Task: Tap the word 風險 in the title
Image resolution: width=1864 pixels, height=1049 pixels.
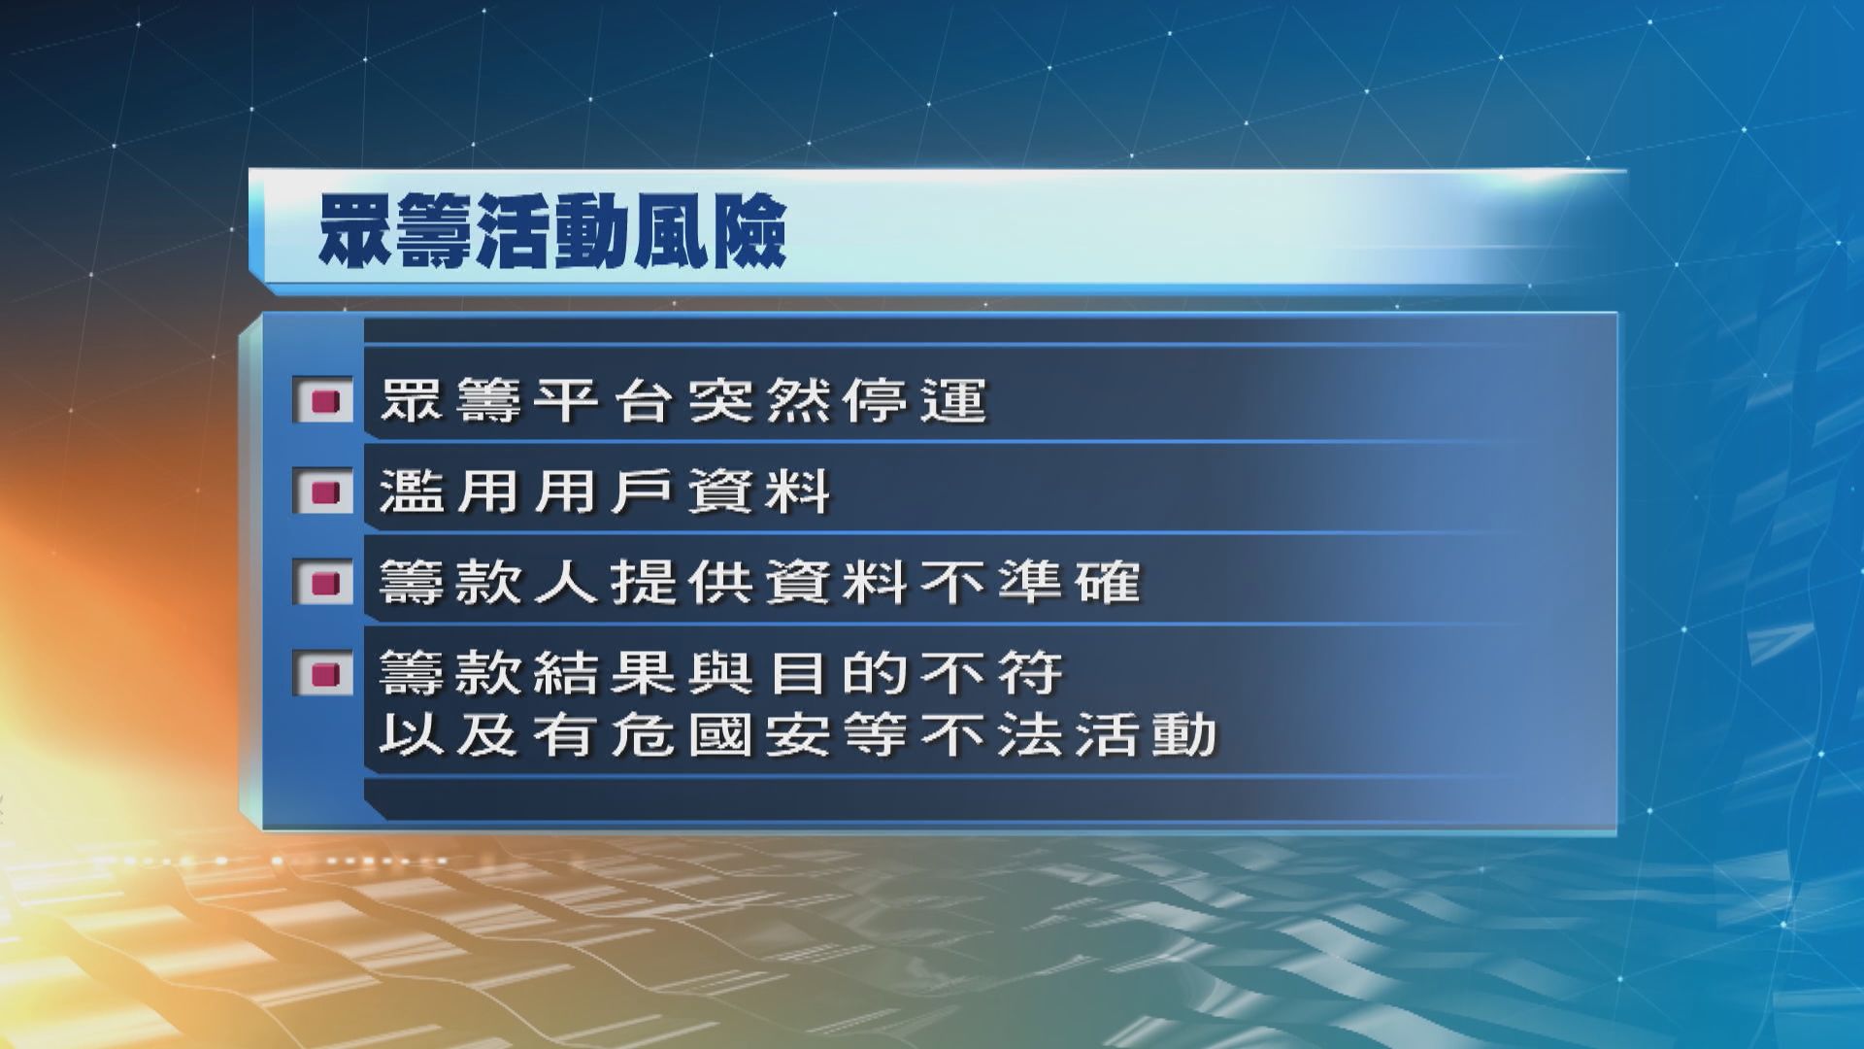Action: point(709,233)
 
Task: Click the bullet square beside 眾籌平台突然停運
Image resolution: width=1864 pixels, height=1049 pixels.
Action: point(323,400)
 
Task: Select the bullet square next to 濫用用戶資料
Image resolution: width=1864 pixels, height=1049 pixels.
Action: point(323,491)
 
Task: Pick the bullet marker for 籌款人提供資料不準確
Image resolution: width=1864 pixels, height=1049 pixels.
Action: point(323,583)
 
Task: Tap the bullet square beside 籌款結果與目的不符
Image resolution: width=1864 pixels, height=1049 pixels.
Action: point(323,672)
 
